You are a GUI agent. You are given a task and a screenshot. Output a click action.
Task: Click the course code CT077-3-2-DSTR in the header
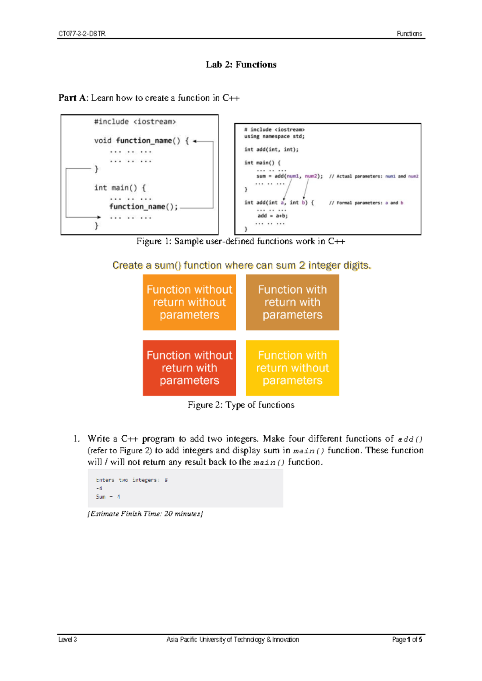[82, 34]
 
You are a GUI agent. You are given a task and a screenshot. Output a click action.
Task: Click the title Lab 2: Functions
[241, 65]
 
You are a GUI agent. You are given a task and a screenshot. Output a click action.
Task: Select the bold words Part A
[72, 98]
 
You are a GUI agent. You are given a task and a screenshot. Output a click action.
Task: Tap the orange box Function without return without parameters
[189, 302]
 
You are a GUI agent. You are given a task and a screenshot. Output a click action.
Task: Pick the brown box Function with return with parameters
[292, 302]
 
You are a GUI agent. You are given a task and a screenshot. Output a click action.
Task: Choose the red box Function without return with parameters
[189, 368]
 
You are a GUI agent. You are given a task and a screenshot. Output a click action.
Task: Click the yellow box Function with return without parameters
[292, 368]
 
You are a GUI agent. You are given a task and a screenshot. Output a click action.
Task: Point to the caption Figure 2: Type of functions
[241, 405]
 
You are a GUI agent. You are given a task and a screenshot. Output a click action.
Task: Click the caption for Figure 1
[241, 241]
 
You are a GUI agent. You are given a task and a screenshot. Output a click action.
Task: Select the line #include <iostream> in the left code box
[135, 122]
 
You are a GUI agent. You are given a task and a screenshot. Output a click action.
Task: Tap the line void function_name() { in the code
[141, 141]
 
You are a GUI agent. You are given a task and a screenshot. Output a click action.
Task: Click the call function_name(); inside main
[143, 207]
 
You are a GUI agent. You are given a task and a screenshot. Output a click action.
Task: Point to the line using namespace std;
[274, 137]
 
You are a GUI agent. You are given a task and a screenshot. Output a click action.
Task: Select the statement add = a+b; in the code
[273, 216]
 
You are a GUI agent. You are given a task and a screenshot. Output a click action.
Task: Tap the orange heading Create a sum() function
[241, 265]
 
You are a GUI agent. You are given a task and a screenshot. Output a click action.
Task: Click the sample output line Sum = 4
[108, 497]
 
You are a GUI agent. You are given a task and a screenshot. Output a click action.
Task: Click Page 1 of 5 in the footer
[407, 640]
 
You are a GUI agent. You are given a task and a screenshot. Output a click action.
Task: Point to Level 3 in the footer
[67, 640]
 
